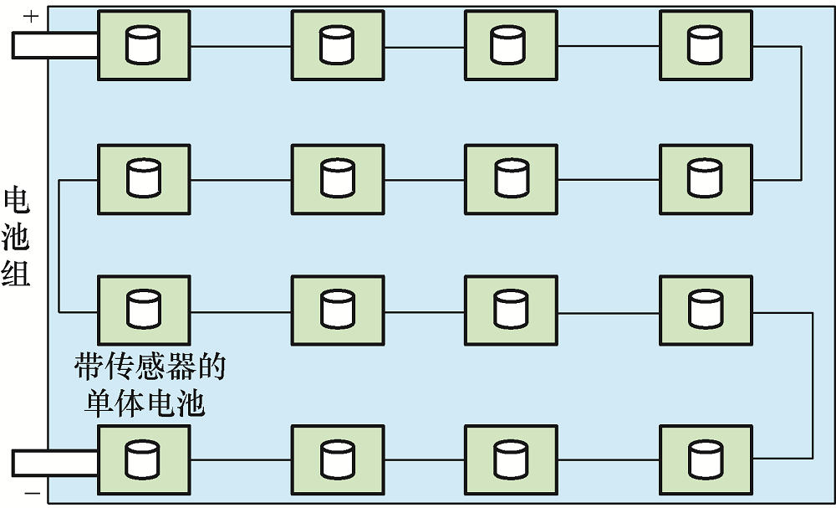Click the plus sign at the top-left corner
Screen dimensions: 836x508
click(31, 17)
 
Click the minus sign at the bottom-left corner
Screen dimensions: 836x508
click(32, 493)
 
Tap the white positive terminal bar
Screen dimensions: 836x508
click(55, 45)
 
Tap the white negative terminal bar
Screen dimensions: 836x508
click(55, 463)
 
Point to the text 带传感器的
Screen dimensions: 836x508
click(150, 367)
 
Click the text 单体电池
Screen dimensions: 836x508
click(145, 403)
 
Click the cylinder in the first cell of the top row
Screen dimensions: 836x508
click(143, 45)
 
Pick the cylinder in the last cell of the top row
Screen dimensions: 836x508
click(705, 45)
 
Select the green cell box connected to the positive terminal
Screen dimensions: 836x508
click(144, 45)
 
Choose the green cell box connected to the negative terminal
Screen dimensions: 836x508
click(144, 460)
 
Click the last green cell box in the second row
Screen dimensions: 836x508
click(706, 179)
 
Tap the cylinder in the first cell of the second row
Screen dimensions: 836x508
click(144, 178)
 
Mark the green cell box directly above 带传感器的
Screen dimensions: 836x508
click(144, 310)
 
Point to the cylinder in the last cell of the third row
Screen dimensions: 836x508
click(706, 310)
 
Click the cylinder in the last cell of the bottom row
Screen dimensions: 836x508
click(706, 459)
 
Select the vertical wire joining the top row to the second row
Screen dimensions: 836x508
click(801, 113)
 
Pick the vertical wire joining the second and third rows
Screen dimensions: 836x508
click(59, 246)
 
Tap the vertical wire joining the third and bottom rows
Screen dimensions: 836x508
click(813, 385)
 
